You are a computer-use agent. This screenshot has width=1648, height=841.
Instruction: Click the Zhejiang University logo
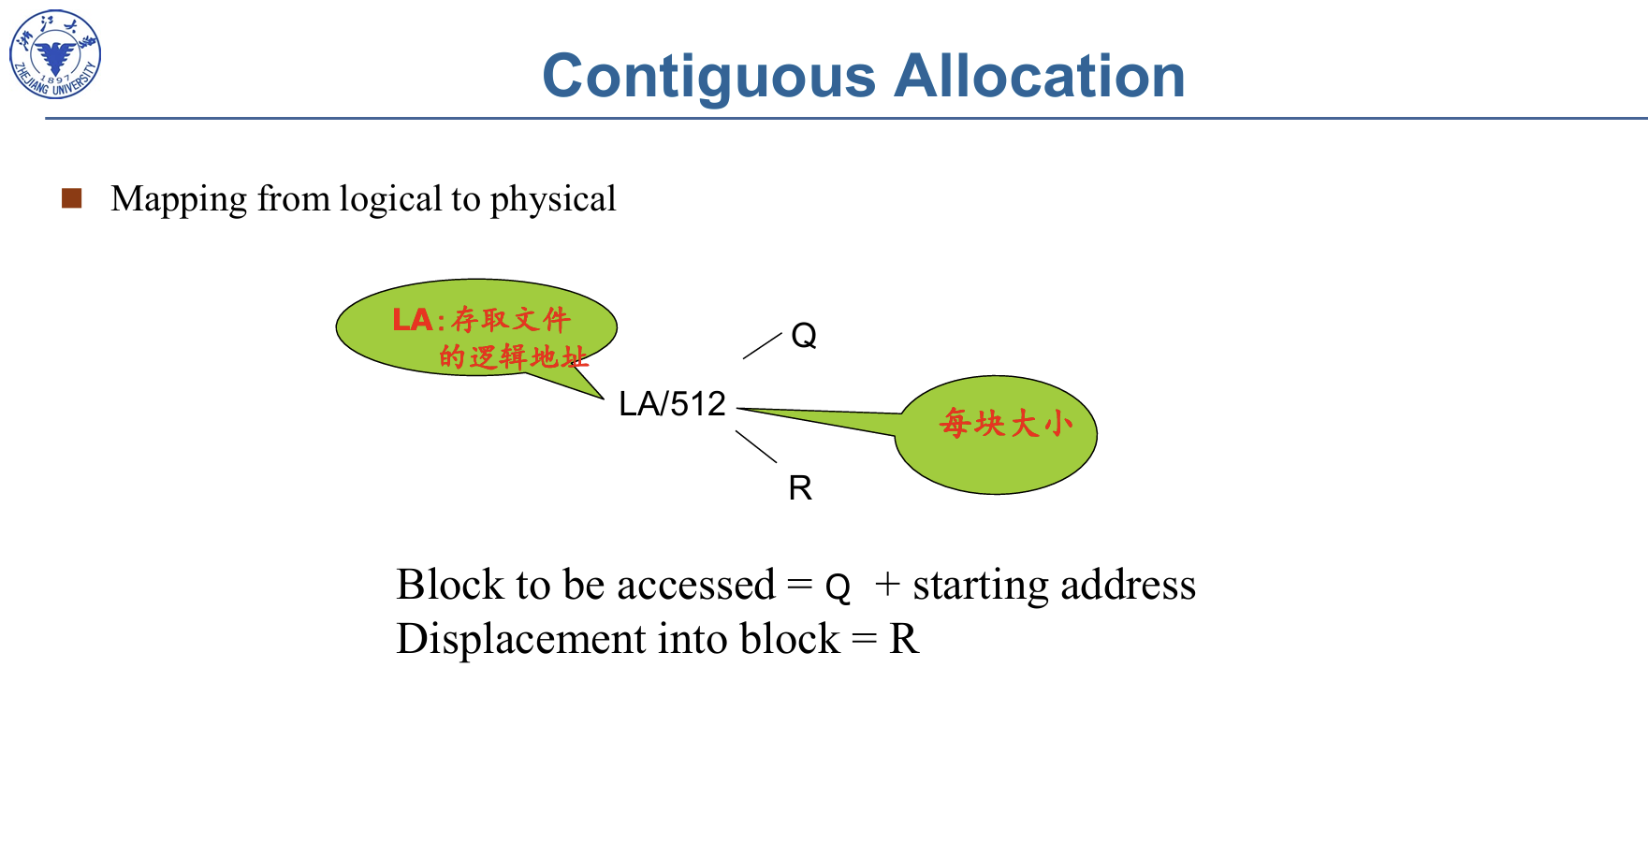[x=55, y=54]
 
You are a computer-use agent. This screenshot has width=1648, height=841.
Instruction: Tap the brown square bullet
[x=72, y=197]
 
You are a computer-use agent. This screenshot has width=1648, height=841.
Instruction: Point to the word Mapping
[x=179, y=200]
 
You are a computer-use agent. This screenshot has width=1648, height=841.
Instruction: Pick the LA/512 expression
[x=672, y=404]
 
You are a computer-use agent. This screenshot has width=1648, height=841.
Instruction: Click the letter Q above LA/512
[x=804, y=335]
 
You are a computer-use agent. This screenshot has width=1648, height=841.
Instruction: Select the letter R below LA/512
[x=800, y=487]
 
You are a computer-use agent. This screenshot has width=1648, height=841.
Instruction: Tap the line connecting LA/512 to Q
[x=762, y=345]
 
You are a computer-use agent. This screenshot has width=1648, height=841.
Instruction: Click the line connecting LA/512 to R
[x=756, y=446]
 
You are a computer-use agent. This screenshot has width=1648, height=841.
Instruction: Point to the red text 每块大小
[x=1006, y=424]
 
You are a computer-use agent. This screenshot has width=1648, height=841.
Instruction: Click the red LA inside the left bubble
[x=412, y=320]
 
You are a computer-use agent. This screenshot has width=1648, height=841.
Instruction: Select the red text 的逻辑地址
[x=513, y=356]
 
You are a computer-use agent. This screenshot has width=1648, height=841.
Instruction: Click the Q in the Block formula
[x=838, y=587]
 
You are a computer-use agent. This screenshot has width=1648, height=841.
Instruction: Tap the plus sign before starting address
[x=887, y=585]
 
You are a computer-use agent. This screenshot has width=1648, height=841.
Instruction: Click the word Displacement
[x=522, y=640]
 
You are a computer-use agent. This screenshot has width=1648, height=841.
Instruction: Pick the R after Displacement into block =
[x=904, y=640]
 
